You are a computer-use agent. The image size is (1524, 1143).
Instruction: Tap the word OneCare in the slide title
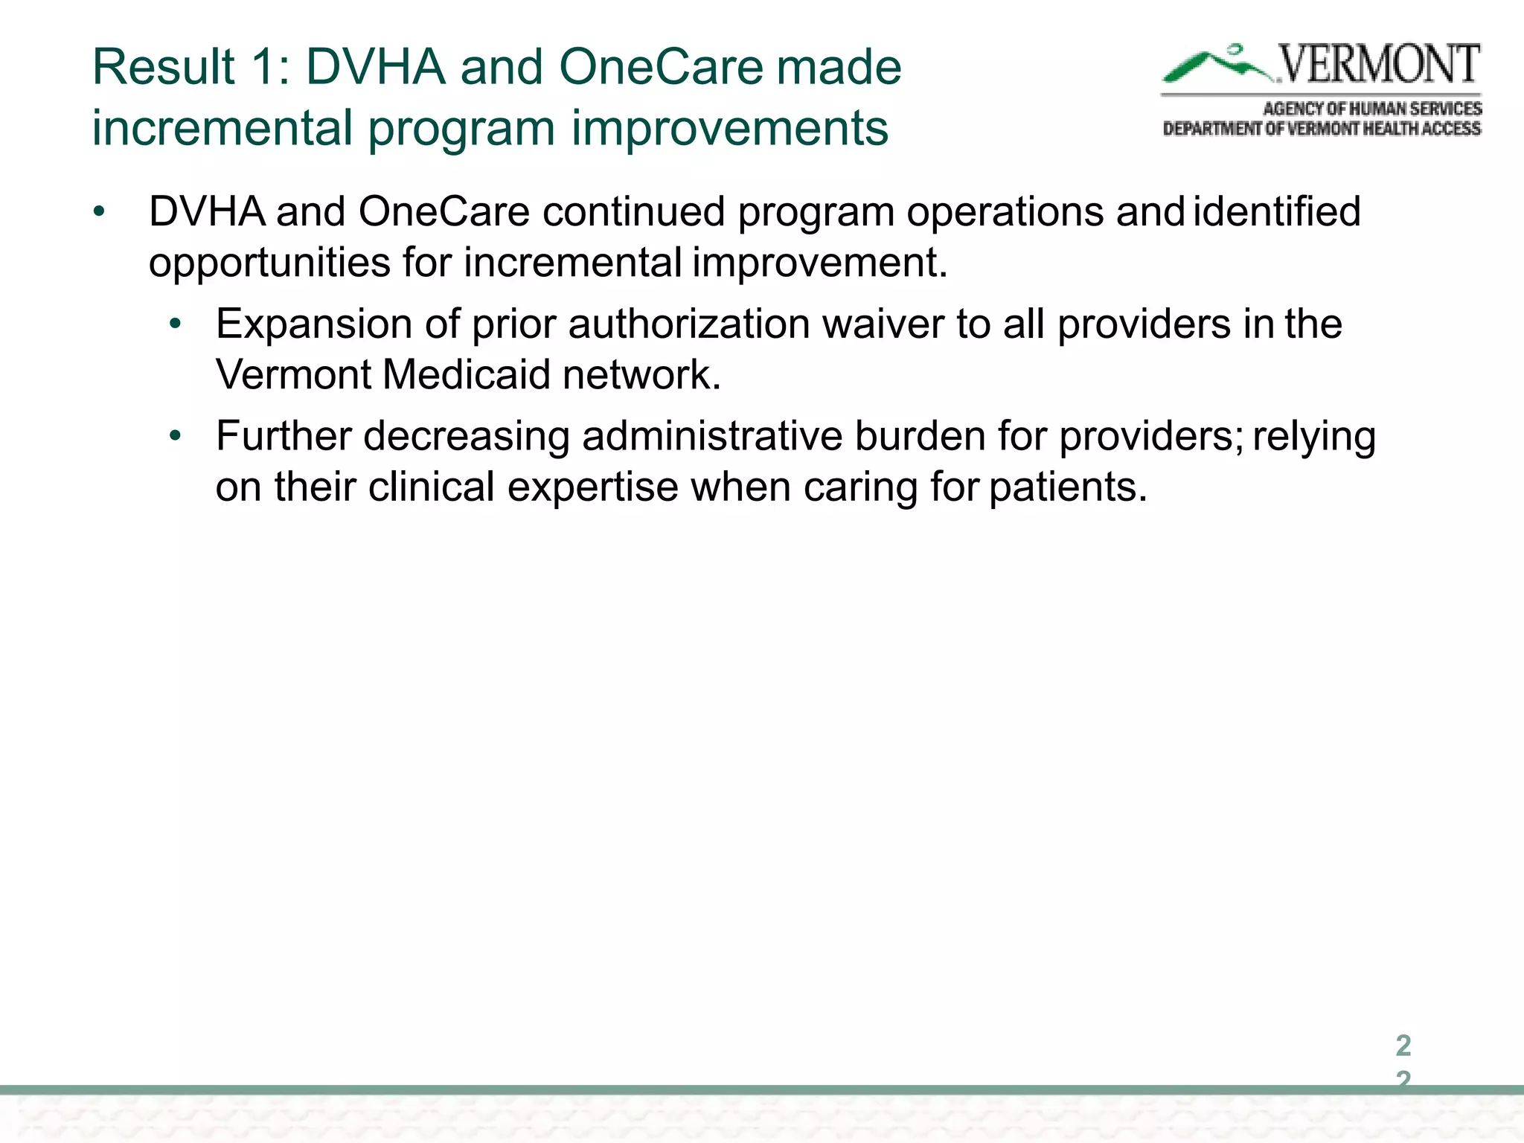click(x=661, y=67)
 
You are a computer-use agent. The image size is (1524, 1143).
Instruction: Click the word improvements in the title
click(x=729, y=128)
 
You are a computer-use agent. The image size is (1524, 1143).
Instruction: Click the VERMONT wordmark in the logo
click(x=1378, y=65)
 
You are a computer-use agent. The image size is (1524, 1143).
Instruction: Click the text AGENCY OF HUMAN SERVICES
click(x=1371, y=109)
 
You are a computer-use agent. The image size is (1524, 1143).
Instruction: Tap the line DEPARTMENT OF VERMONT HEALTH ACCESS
click(x=1322, y=129)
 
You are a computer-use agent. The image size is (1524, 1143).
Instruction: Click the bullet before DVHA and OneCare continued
click(x=100, y=213)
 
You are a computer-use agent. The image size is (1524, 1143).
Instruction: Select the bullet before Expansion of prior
click(x=175, y=324)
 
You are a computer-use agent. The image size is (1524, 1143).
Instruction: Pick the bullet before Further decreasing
click(x=175, y=436)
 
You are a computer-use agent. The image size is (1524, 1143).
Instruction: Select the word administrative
click(x=711, y=436)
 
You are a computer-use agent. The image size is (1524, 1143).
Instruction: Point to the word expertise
click(x=592, y=487)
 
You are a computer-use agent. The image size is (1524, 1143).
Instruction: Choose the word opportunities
click(x=269, y=263)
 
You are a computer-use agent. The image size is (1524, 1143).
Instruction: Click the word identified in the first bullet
click(x=1277, y=212)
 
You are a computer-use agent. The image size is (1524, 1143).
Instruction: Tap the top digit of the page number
click(x=1403, y=1046)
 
